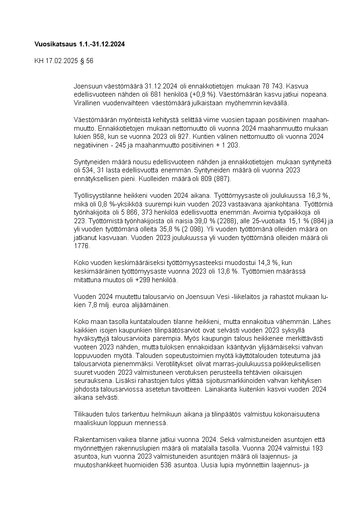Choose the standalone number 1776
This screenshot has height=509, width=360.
pyautogui.click(x=82, y=247)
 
